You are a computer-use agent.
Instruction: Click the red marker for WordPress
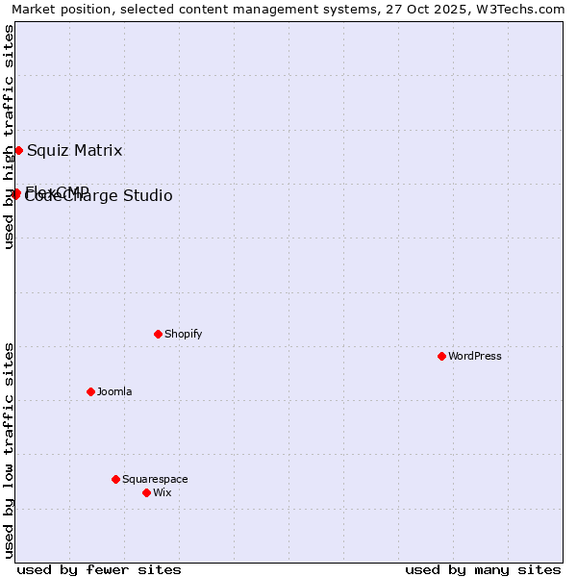[x=441, y=356]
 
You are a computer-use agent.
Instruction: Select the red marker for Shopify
[x=158, y=334]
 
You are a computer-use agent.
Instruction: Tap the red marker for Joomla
[x=90, y=391]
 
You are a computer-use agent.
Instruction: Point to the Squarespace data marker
[x=115, y=479]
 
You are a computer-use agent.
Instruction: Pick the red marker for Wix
[x=146, y=492]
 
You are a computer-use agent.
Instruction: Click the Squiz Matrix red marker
[x=18, y=150]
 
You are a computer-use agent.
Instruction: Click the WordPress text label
[x=475, y=356]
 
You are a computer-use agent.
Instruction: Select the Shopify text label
[x=183, y=334]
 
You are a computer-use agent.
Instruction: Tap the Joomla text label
[x=114, y=391]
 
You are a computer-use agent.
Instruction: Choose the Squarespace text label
[x=155, y=479]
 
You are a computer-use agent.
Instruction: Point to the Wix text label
[x=162, y=492]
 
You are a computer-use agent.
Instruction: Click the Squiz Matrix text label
[x=75, y=150]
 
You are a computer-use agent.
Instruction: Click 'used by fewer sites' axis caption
[x=99, y=569]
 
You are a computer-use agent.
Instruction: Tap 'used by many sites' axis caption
[x=483, y=569]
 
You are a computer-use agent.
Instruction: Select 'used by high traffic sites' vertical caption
[x=9, y=137]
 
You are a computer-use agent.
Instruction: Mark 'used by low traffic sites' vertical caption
[x=9, y=450]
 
